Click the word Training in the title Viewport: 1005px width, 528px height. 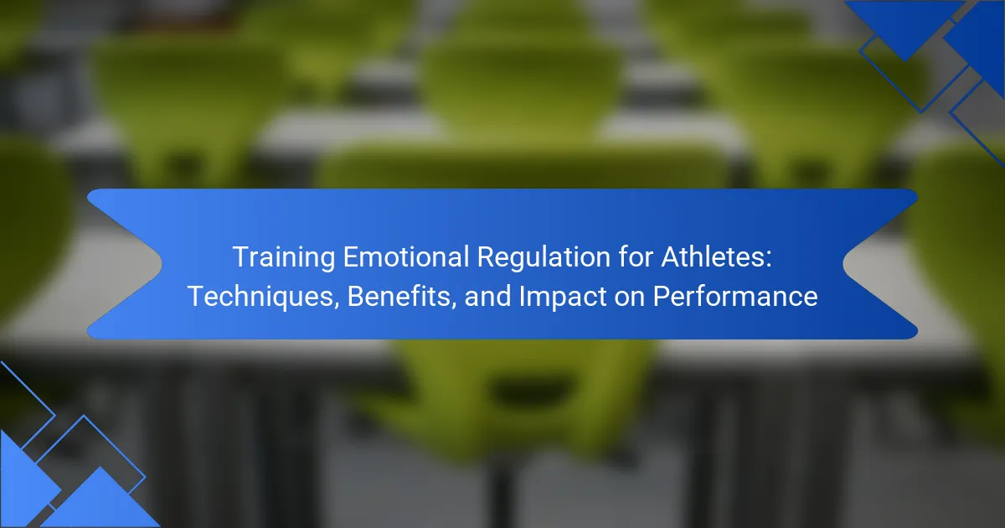point(284,258)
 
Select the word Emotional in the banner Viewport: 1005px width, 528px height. point(405,256)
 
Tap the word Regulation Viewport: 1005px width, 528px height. point(544,258)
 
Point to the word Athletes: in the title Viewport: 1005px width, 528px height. point(716,256)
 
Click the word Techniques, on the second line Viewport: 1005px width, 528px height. point(263,297)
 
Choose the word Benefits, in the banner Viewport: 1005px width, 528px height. point(402,297)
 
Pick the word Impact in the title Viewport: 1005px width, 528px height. point(563,297)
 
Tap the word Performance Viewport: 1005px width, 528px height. point(735,296)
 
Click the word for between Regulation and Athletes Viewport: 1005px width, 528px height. point(636,256)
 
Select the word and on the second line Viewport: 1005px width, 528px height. point(487,297)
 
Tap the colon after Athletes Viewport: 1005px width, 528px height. point(768,260)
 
